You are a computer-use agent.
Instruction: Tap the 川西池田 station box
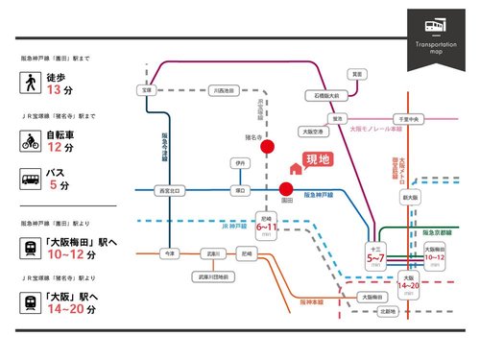click(x=224, y=91)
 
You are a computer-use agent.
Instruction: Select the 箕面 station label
click(x=356, y=73)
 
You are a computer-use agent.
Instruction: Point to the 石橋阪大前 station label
click(x=324, y=96)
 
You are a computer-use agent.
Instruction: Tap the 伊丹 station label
click(x=240, y=163)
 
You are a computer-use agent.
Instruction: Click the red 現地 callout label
click(x=316, y=159)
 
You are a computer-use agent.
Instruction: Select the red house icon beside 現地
click(x=296, y=169)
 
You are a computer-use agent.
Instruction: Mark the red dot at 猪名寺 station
click(x=269, y=147)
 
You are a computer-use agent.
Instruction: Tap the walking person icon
click(x=30, y=84)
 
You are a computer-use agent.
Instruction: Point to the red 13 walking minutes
click(x=54, y=90)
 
